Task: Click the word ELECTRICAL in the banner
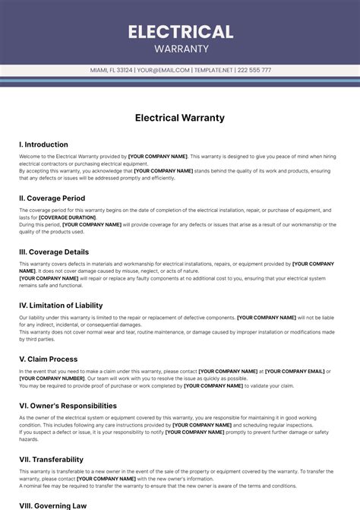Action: (180, 32)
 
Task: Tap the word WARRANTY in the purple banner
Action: (180, 49)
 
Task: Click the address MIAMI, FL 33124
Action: (111, 70)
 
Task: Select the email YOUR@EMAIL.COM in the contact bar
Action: (163, 70)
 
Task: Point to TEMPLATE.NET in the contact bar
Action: (213, 70)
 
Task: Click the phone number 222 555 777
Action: (254, 70)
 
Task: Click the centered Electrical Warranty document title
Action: (180, 118)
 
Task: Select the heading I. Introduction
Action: (43, 144)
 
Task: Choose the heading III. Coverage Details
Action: (53, 252)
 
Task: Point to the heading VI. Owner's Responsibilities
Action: (68, 406)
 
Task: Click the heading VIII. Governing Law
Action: (52, 505)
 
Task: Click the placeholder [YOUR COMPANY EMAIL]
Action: (294, 371)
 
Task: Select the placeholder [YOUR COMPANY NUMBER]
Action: (52, 378)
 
